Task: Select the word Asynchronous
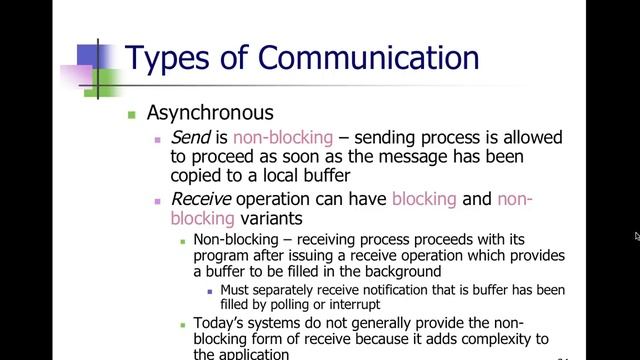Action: [210, 113]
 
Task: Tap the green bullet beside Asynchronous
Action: [130, 114]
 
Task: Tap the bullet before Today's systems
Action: [182, 325]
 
